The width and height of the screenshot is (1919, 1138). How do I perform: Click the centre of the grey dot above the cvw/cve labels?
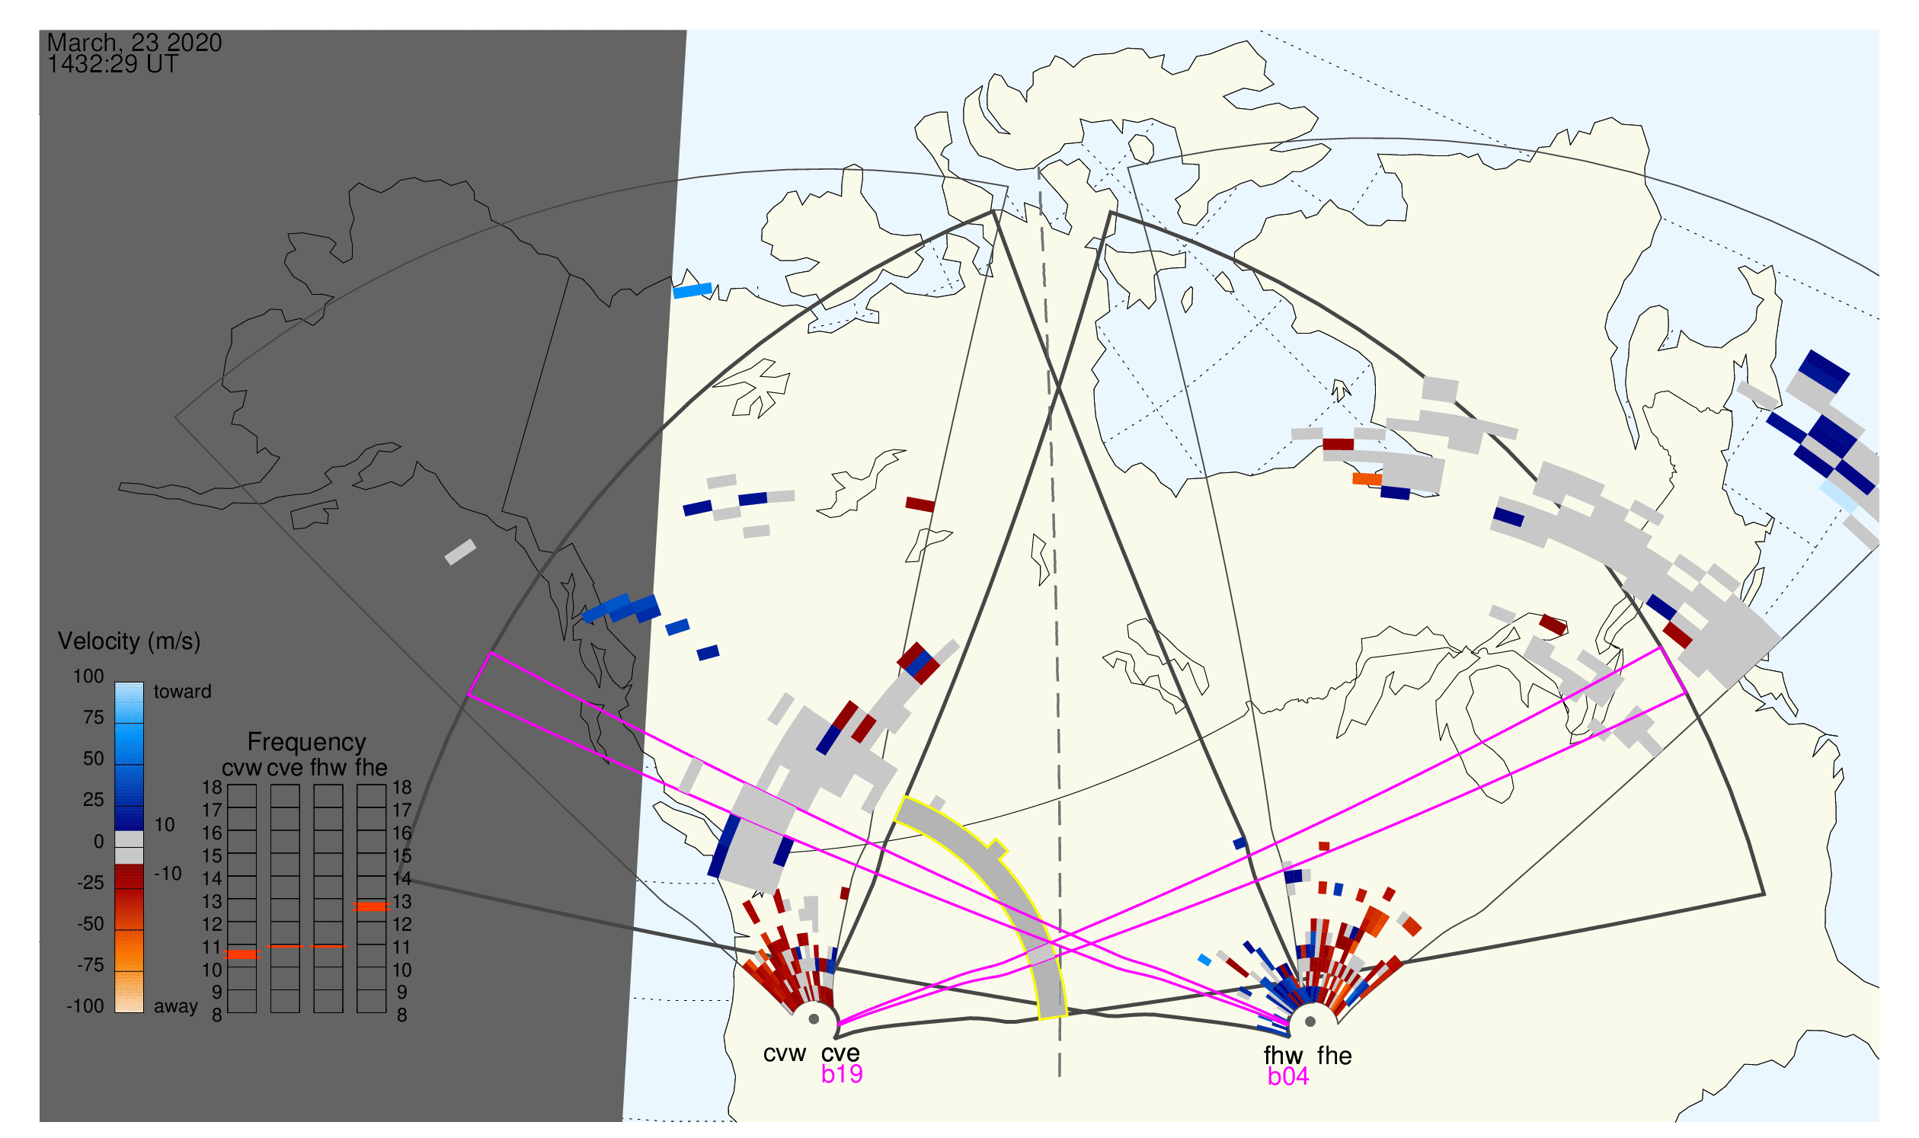(814, 1021)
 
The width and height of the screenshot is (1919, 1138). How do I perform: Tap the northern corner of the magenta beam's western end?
(490, 654)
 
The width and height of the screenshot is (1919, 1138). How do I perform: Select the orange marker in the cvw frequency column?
(241, 954)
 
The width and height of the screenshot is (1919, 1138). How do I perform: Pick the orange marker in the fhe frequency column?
(371, 907)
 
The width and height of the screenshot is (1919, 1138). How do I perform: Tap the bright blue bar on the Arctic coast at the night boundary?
(692, 291)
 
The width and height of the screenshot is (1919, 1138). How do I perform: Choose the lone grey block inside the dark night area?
(461, 552)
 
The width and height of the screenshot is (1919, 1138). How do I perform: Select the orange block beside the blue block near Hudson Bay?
(1367, 479)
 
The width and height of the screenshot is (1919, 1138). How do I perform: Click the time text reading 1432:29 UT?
(113, 65)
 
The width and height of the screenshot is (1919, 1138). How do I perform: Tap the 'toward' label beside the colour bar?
(183, 692)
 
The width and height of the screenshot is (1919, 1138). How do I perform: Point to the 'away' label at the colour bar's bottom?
(176, 1007)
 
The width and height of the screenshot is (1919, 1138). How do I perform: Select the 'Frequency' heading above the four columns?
(307, 743)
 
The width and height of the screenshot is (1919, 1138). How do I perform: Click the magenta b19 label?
(842, 1074)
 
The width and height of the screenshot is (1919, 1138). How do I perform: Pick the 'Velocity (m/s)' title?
(130, 642)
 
